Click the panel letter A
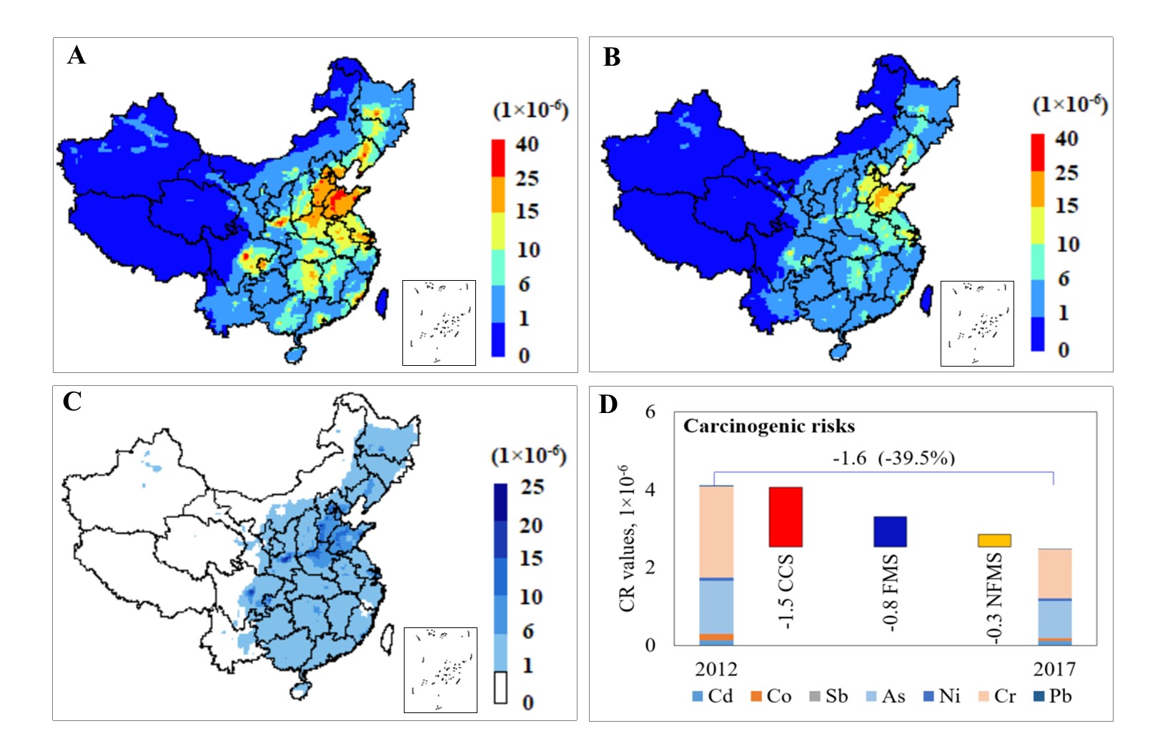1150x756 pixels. click(76, 55)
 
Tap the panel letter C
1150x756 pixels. click(72, 402)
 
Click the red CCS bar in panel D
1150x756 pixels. click(785, 517)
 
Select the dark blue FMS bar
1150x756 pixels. click(890, 532)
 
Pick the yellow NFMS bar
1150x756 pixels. click(994, 540)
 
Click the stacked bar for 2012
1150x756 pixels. click(716, 565)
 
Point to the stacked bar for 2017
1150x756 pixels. click(1054, 597)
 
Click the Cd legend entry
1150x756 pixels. click(713, 696)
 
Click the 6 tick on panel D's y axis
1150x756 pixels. click(650, 412)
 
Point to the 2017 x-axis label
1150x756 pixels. click(1054, 669)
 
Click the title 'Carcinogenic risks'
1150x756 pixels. click(769, 427)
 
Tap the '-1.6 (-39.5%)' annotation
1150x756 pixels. click(893, 458)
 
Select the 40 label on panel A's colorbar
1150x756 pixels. click(527, 144)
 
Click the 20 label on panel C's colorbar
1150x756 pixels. click(531, 525)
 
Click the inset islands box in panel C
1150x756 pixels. click(440, 670)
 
